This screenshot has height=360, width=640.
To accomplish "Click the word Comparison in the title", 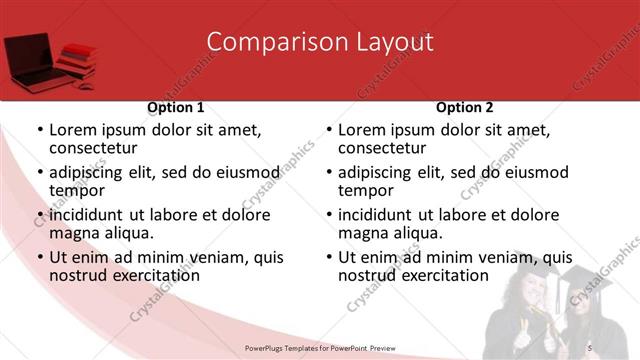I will [266, 42].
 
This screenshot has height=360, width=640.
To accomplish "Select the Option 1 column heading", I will [176, 107].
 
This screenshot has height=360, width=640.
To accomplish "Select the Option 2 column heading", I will [465, 107].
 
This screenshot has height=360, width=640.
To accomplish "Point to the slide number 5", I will [589, 346].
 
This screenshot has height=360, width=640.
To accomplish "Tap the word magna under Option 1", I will [75, 233].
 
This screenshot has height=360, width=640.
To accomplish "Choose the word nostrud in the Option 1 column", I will [78, 275].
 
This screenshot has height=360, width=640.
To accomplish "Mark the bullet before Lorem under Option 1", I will [39, 130].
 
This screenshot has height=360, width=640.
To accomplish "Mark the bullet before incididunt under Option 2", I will [328, 215].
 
